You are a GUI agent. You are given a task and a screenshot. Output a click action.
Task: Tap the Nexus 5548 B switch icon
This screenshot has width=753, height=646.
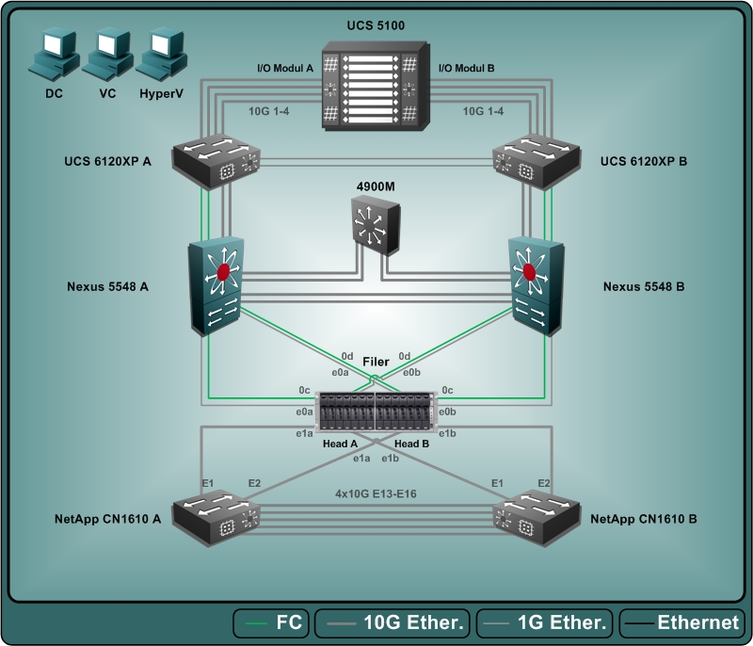(534, 285)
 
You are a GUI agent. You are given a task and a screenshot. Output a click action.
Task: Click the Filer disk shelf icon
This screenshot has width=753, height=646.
(376, 412)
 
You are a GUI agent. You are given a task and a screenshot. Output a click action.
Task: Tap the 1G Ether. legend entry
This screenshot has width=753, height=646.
(546, 622)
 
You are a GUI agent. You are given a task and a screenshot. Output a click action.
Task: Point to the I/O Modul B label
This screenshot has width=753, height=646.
(467, 69)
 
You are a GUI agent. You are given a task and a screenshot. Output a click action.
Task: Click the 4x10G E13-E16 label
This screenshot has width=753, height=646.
(376, 492)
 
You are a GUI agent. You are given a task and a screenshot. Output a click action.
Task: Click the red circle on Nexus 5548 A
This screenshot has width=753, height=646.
(223, 272)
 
